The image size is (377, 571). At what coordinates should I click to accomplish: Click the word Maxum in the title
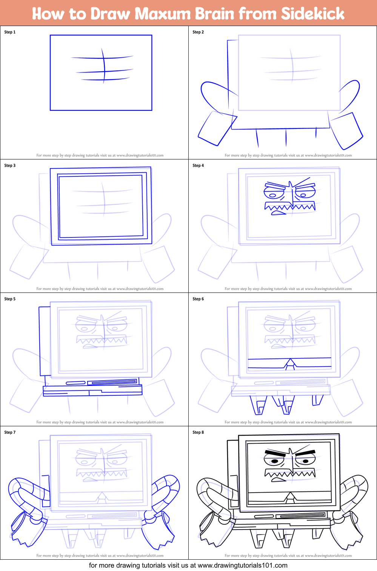163,14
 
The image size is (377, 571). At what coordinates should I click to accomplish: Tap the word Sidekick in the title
312,14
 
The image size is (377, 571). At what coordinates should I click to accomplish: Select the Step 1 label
10,32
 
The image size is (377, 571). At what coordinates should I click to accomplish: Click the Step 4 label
198,165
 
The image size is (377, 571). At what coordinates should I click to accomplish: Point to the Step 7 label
10,432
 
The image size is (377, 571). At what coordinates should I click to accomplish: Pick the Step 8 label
198,432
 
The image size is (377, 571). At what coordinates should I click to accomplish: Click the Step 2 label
198,32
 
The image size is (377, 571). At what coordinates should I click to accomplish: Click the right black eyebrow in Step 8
305,452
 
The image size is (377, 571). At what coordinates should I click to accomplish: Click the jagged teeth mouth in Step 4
289,207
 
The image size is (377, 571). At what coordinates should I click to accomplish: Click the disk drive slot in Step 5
113,382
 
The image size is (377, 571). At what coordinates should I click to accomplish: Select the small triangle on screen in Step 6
290,363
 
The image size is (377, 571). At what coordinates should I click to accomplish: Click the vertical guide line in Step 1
103,66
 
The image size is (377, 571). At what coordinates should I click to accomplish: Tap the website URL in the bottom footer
242,565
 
